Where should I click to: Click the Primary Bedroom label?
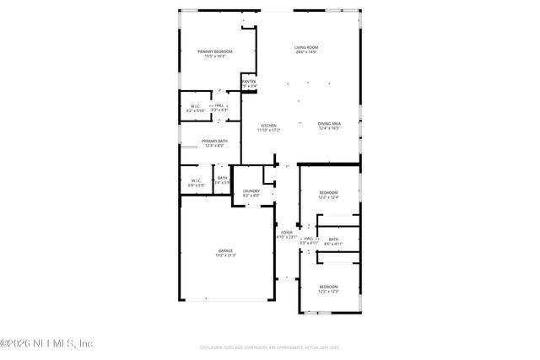pos(215,52)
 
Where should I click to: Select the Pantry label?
pos(249,81)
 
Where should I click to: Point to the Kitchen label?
pos(268,126)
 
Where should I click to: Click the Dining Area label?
pos(329,125)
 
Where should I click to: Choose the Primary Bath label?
pos(213,141)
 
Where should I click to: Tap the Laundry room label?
pos(251,191)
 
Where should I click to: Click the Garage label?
pos(225,250)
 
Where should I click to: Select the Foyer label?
pos(287,232)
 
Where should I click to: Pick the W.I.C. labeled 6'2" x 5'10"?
pos(195,106)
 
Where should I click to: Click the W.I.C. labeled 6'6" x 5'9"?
pos(195,180)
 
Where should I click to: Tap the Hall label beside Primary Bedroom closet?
pos(219,105)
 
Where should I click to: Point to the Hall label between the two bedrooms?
pos(309,239)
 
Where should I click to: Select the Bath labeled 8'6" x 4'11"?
pos(333,239)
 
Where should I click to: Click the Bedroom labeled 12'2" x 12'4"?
pos(328,193)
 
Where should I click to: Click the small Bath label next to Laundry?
pos(223,178)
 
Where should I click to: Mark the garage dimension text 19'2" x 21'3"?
pos(225,255)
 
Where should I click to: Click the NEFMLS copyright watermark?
pos(46,343)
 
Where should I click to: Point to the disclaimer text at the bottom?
pos(270,347)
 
